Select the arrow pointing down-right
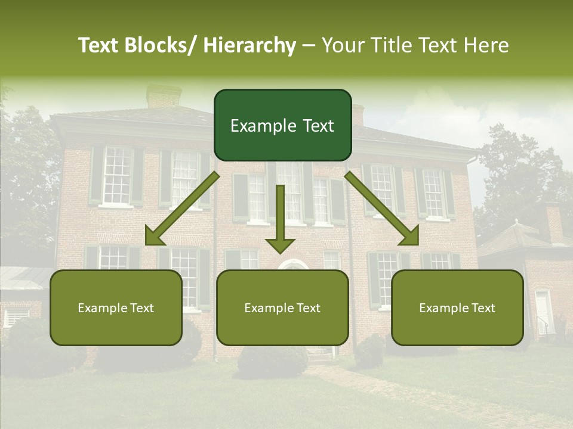click(383, 209)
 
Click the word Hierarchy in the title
click(249, 45)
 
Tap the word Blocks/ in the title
click(160, 45)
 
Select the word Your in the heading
click(344, 45)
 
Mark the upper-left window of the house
click(116, 175)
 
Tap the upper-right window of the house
click(433, 192)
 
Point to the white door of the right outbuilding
click(543, 312)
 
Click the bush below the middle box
click(273, 361)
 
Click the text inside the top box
click(282, 126)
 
